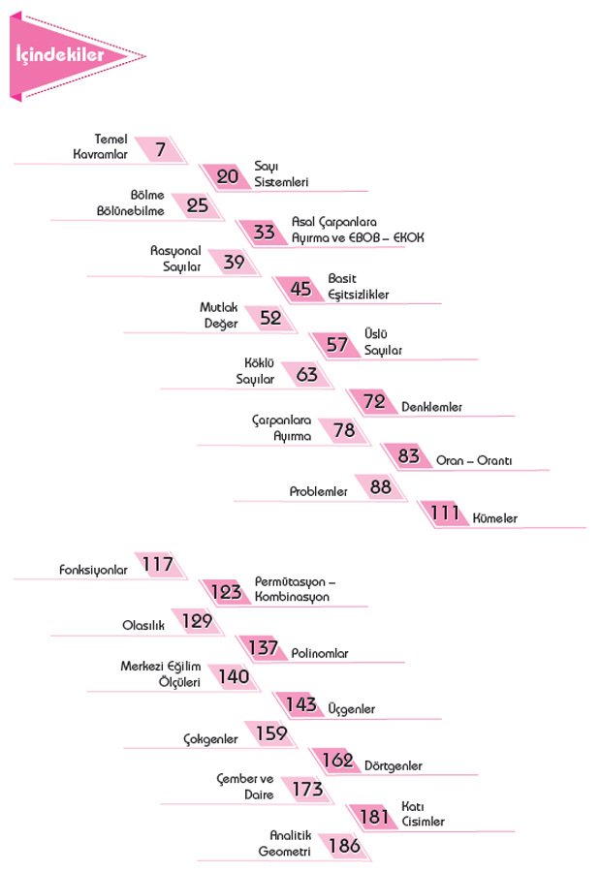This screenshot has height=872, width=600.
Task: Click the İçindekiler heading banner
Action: [x=61, y=56]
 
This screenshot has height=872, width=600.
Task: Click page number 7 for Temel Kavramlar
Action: [x=159, y=148]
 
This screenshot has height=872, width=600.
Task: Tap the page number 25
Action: [x=197, y=204]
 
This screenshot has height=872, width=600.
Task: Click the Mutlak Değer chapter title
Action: [x=219, y=315]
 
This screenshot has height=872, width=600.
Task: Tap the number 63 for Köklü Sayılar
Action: [x=306, y=374]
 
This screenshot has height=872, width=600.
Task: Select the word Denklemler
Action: [x=431, y=407]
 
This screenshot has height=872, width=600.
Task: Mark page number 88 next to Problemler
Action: [x=380, y=487]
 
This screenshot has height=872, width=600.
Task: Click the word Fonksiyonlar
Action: [x=93, y=571]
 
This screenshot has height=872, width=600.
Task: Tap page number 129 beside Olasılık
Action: [x=197, y=621]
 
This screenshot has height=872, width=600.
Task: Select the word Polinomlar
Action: [x=320, y=654]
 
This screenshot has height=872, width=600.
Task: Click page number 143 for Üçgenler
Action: [x=301, y=705]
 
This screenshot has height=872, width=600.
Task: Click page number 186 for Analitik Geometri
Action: [x=344, y=846]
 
